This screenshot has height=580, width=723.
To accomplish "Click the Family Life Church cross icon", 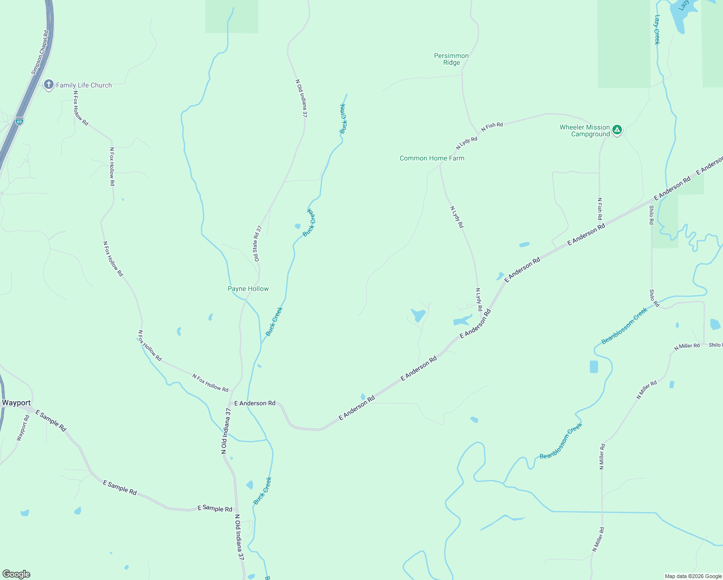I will [48, 85].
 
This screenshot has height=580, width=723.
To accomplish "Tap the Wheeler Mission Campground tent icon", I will [617, 130].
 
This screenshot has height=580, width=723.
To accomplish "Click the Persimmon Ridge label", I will [451, 59].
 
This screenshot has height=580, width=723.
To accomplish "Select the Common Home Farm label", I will [432, 158].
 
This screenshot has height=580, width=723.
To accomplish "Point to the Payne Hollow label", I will [248, 289].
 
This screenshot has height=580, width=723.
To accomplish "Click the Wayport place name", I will [16, 403].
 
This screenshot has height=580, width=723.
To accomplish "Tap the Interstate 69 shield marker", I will [19, 121].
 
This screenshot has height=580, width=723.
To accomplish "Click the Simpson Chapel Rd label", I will [40, 53].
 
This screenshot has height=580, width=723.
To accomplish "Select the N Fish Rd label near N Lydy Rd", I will [492, 126].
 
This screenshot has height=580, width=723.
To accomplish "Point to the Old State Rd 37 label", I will [258, 244].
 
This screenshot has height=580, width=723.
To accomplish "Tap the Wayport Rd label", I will [23, 428].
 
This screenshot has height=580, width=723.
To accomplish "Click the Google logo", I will [16, 574].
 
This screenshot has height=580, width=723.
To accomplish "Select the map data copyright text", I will [693, 576].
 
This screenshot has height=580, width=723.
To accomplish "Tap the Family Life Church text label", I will [84, 85].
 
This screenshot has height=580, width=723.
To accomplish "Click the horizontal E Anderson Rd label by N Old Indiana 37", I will [255, 403].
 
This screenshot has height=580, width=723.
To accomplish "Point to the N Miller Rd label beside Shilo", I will [687, 346].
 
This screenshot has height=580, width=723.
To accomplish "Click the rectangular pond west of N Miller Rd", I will [593, 367].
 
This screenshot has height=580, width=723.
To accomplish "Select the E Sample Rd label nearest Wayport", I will [51, 420].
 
